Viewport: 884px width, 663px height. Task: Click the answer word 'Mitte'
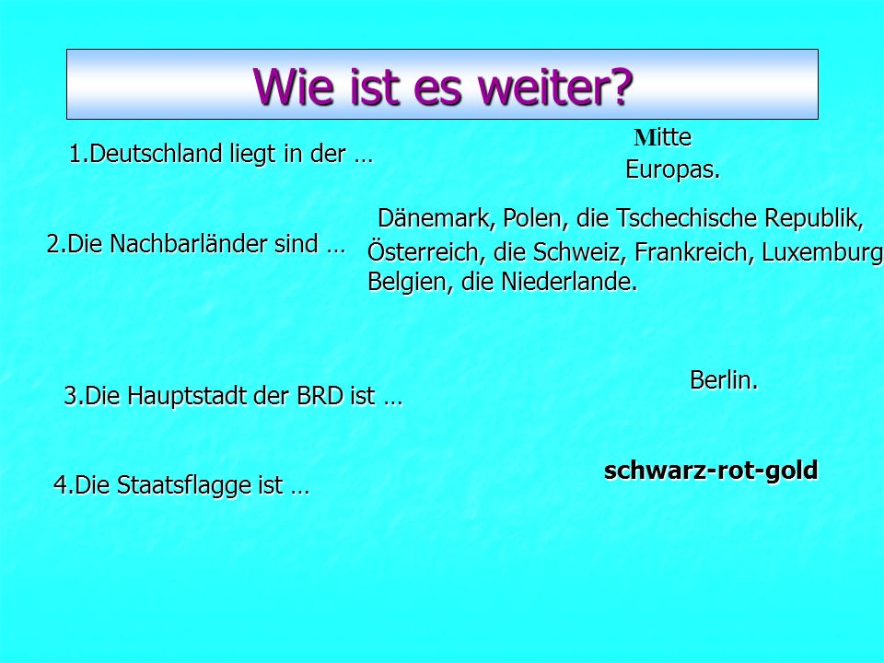663,137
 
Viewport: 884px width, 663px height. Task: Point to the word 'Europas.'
672,169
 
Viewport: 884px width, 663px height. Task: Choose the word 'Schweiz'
579,252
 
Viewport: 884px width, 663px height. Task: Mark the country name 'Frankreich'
694,252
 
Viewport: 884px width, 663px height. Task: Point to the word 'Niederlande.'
569,282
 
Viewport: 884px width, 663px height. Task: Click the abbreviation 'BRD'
320,396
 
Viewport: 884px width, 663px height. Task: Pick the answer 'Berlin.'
724,380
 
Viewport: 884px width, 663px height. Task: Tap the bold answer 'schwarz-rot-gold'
711,470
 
